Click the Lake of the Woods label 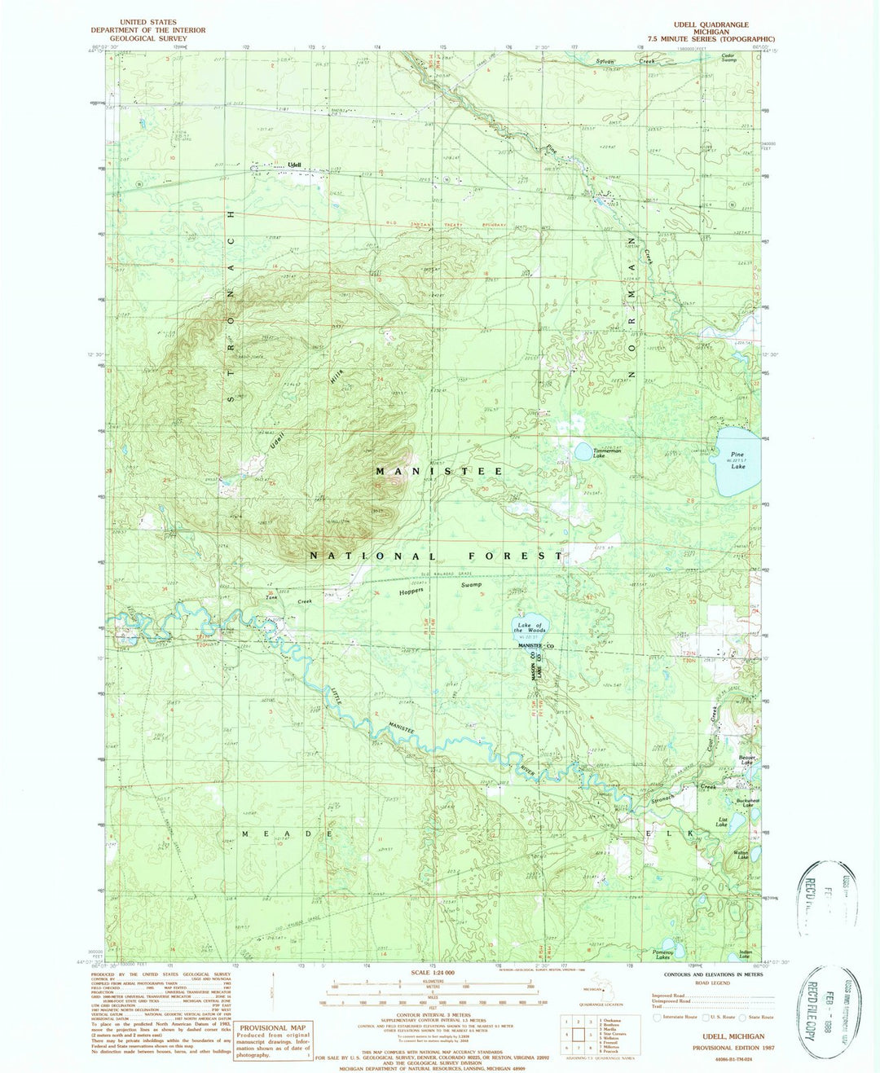click(530, 628)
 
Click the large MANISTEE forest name click(439, 471)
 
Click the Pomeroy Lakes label click(662, 953)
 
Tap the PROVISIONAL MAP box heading click(273, 1027)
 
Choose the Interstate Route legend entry click(677, 1017)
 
